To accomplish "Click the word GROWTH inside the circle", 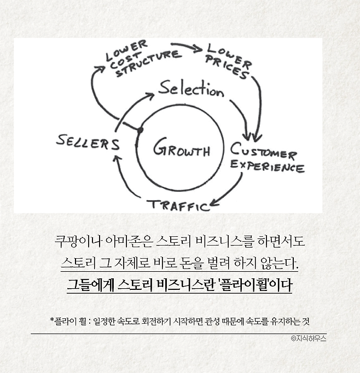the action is point(181,148).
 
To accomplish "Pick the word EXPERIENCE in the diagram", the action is point(268,166).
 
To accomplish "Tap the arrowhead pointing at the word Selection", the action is point(149,97).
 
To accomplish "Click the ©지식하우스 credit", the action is point(309,339).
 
